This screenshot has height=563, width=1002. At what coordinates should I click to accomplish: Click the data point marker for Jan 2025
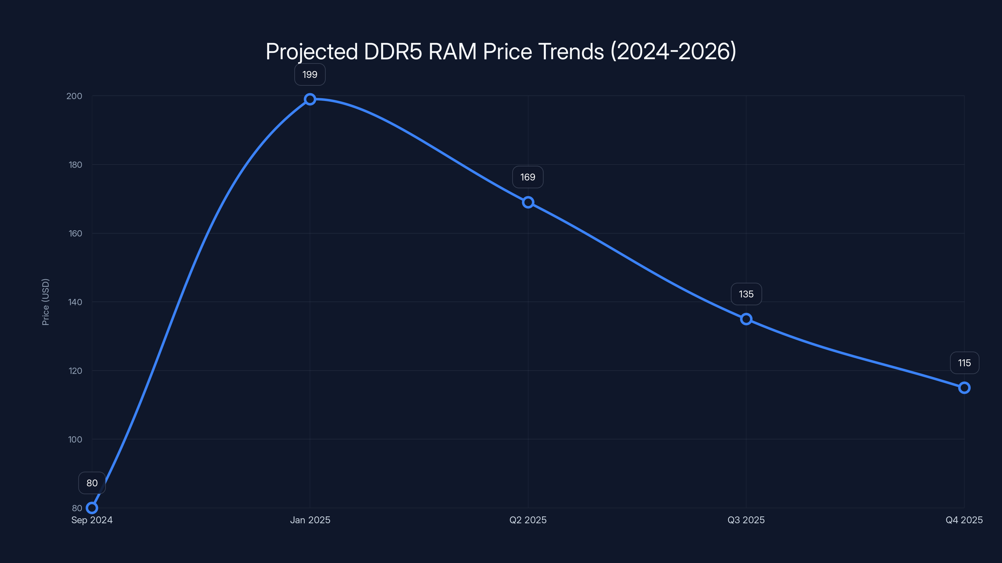(x=310, y=99)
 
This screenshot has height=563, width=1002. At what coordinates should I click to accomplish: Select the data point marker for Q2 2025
(x=528, y=202)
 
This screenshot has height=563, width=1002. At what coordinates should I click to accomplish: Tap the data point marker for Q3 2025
(x=746, y=319)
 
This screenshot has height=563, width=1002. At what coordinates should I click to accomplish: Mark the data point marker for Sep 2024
(x=92, y=508)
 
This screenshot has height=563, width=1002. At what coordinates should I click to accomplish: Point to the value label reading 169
(x=528, y=177)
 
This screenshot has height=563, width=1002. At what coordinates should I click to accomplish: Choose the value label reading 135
(x=746, y=294)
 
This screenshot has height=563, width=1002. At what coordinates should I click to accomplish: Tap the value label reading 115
(x=964, y=363)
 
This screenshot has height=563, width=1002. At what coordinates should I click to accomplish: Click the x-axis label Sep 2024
(x=92, y=520)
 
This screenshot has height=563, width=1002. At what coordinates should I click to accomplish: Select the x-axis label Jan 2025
(x=310, y=520)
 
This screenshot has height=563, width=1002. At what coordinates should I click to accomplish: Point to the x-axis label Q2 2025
(x=528, y=520)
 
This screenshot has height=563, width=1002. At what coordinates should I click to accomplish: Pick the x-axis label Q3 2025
(x=746, y=520)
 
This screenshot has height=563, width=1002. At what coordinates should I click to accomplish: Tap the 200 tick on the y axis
(x=74, y=96)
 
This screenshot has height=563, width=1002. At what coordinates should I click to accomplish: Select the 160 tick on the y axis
(x=75, y=234)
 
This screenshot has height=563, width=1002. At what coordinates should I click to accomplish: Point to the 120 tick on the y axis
(x=75, y=371)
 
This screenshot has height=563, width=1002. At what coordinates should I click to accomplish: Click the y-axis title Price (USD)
(x=45, y=302)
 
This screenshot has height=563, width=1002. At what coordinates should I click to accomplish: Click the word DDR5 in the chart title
(x=393, y=51)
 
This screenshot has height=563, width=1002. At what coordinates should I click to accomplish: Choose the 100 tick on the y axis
(x=75, y=439)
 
